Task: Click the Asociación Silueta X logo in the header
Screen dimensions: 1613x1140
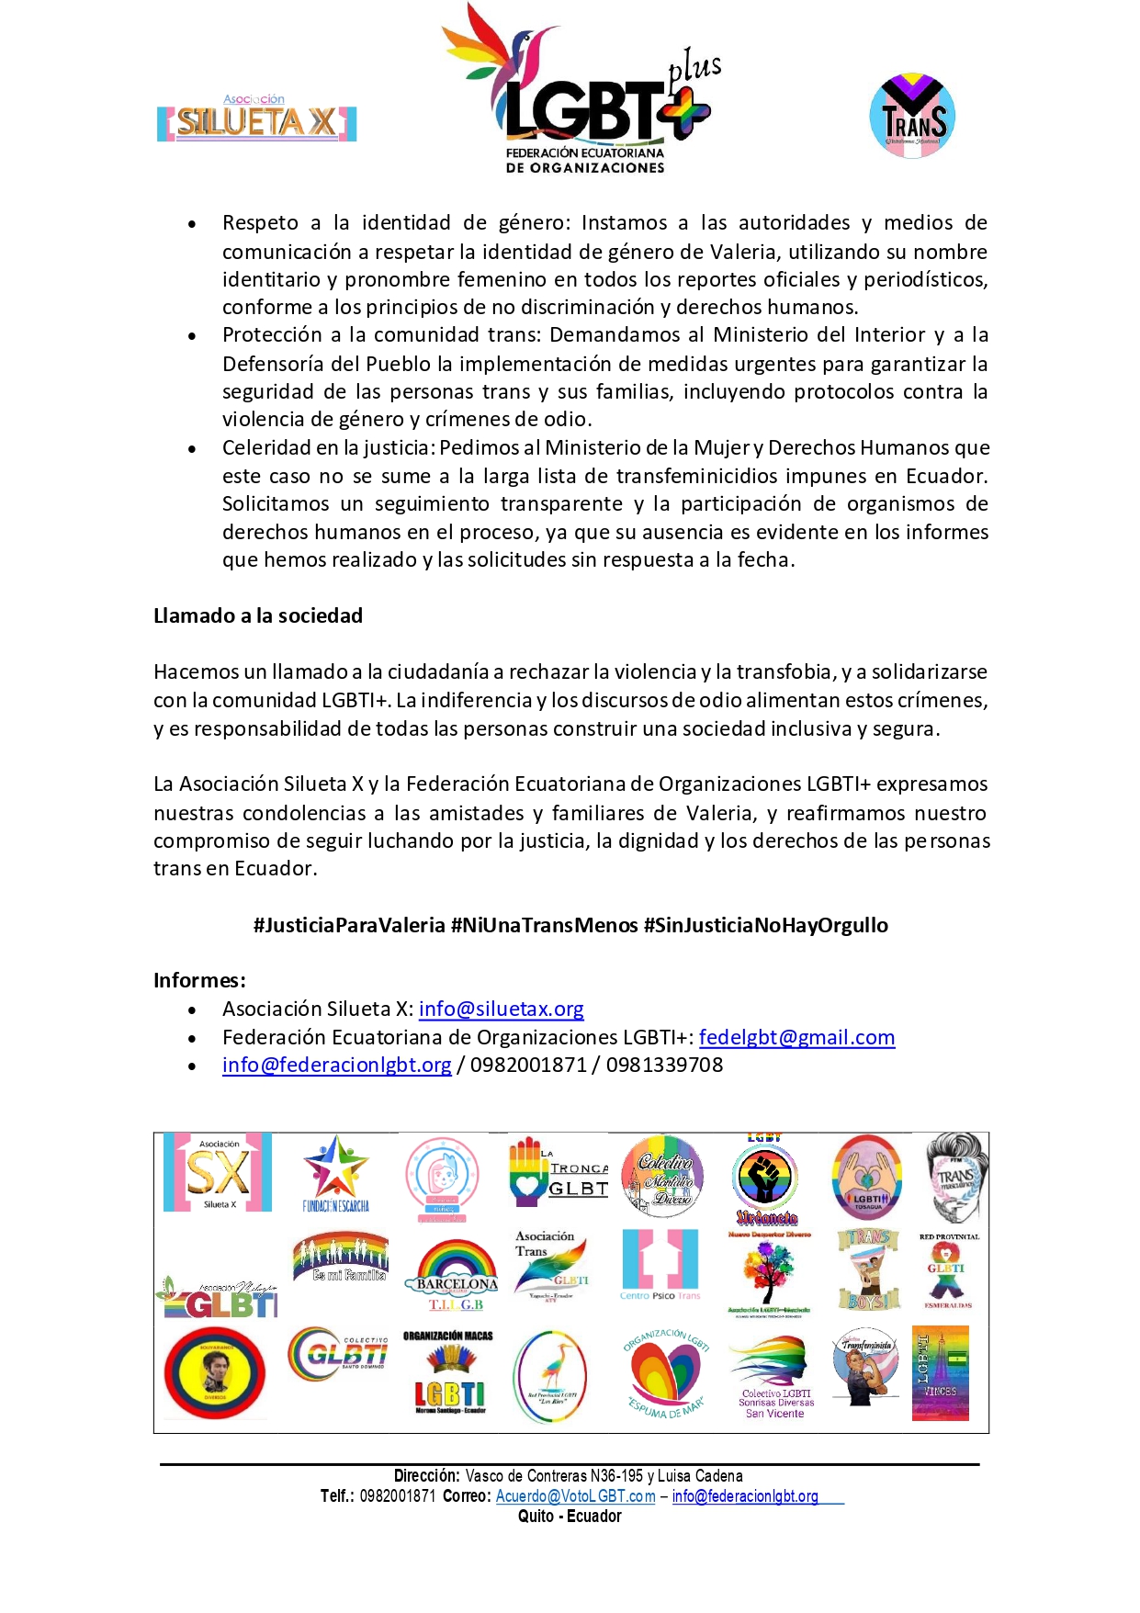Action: [x=256, y=118]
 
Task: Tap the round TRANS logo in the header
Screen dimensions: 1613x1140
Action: [x=912, y=116]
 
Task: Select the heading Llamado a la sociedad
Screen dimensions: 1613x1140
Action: [x=258, y=615]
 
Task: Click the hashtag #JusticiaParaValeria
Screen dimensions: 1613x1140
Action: [x=349, y=925]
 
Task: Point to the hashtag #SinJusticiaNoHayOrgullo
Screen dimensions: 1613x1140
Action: [x=765, y=925]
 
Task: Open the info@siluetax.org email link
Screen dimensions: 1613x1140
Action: [x=501, y=1009]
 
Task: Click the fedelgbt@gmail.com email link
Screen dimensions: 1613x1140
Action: [x=796, y=1037]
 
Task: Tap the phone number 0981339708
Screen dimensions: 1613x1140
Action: [x=664, y=1065]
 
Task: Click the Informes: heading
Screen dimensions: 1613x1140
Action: [x=199, y=980]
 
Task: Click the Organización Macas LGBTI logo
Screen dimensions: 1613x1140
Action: [x=448, y=1373]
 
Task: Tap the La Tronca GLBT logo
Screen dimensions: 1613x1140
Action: [x=559, y=1172]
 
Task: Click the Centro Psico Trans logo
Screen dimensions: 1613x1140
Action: [x=660, y=1265]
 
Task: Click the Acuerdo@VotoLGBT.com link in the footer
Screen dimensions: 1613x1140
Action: [x=575, y=1495]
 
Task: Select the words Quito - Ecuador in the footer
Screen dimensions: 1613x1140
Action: [x=570, y=1516]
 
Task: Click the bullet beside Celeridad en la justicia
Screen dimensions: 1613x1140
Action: [x=192, y=449]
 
